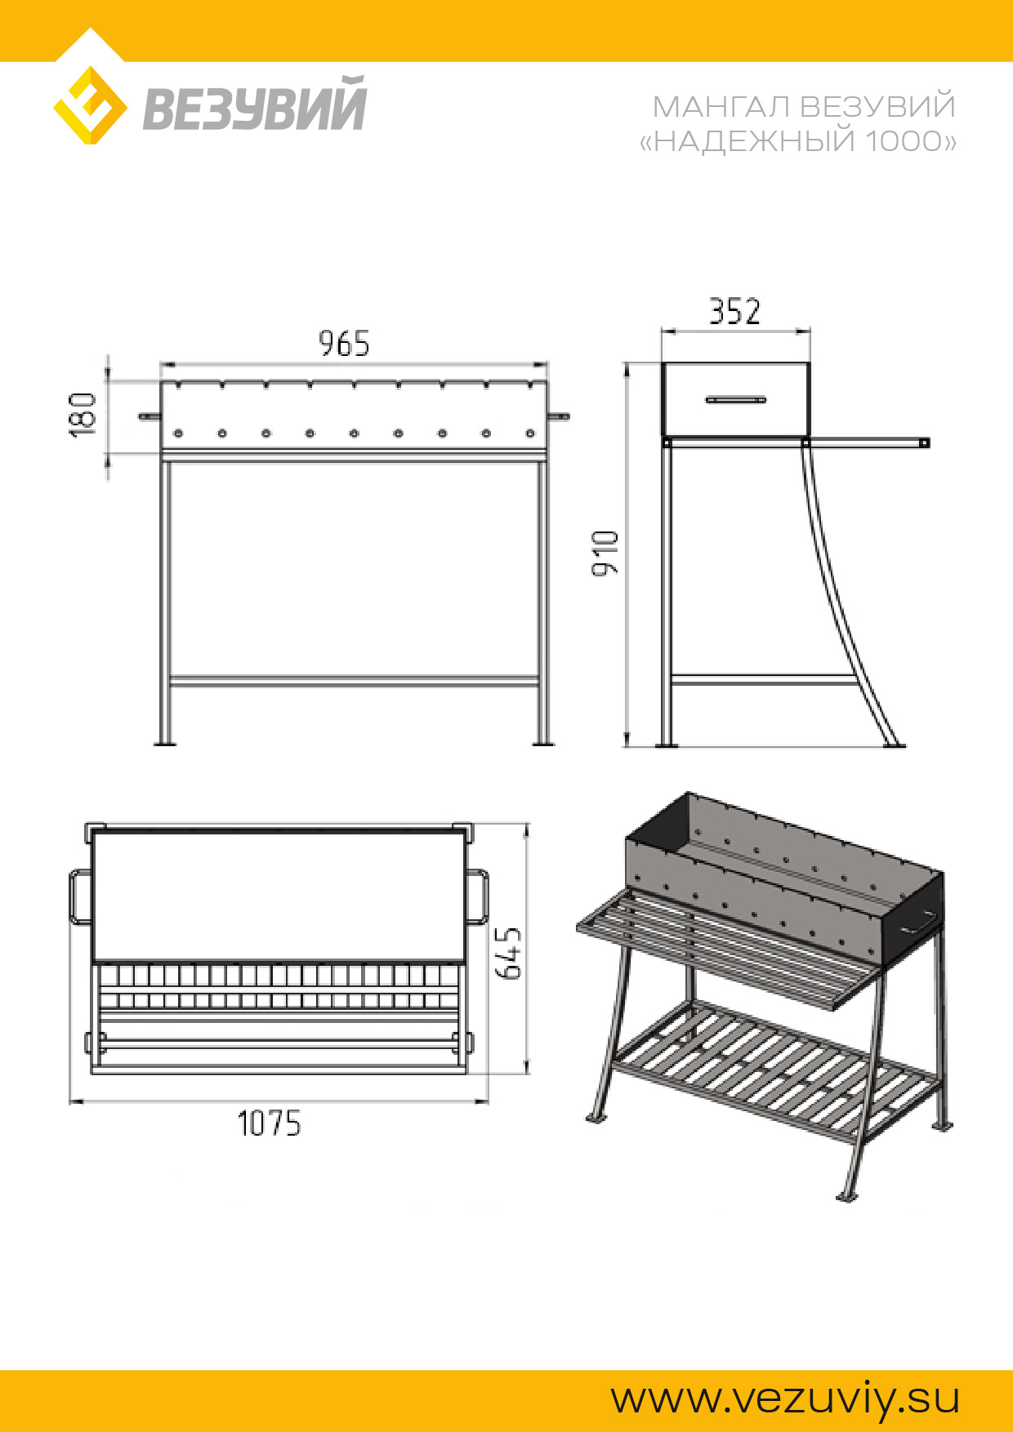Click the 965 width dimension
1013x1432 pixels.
tap(344, 344)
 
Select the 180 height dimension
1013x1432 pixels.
tap(83, 414)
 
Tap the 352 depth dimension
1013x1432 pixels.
tap(734, 311)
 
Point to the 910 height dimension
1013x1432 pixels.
tap(605, 553)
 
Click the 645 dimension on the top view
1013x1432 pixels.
tap(509, 952)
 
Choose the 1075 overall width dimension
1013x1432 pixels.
tap(269, 1123)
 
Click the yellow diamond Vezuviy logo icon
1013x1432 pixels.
tap(90, 105)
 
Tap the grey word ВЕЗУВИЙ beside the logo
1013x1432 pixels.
tap(255, 104)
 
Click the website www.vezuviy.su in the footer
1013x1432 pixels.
tap(785, 1399)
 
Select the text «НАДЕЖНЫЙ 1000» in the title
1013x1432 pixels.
tap(797, 141)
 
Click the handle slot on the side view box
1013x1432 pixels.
tap(736, 400)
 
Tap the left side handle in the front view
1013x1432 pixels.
tap(149, 416)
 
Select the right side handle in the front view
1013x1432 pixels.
tap(558, 416)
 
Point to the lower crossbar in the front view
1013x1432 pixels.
tap(354, 681)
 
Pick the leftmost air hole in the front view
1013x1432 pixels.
tap(178, 433)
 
